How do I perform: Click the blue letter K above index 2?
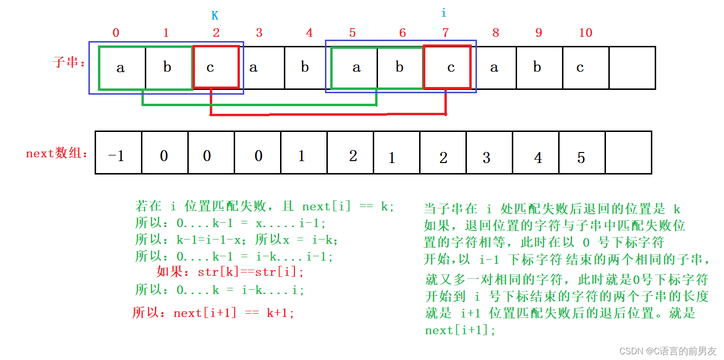point(215,16)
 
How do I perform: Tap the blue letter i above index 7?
point(443,13)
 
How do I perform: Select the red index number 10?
point(585,33)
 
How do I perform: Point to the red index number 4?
point(309,33)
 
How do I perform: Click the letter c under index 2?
point(210,67)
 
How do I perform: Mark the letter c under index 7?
point(451,67)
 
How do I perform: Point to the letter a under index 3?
point(253,67)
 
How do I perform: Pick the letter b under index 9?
point(537,67)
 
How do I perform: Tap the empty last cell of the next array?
point(628,153)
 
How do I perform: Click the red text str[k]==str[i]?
point(230,272)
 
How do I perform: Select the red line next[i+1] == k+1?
point(213,313)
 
